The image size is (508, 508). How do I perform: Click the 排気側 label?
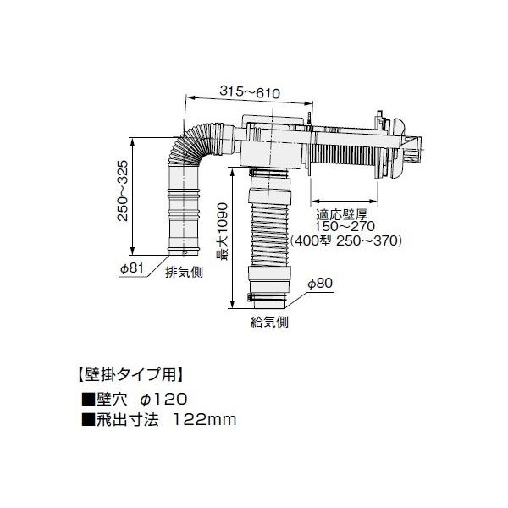click(179, 272)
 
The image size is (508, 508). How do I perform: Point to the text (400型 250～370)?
click(345, 240)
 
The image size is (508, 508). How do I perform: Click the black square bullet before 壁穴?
click(86, 398)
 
